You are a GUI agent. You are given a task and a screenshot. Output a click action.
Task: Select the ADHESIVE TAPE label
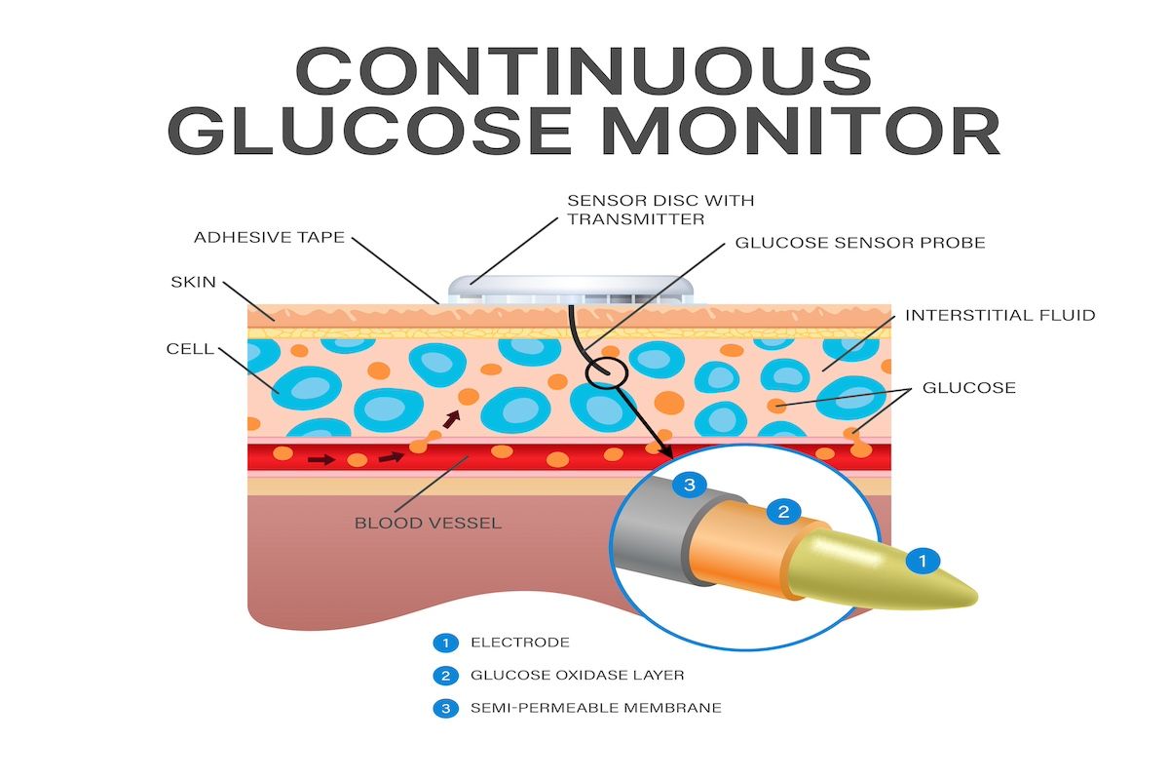click(269, 237)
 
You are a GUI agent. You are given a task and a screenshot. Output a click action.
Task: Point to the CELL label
click(190, 348)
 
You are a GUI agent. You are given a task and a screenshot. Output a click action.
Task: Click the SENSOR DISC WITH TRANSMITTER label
click(660, 210)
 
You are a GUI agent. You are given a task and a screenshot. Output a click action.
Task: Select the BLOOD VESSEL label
click(428, 524)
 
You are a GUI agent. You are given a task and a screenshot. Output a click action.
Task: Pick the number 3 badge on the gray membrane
click(689, 485)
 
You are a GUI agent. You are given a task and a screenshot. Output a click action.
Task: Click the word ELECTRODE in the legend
click(519, 643)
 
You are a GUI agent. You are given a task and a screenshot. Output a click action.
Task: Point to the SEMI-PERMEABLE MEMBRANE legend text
click(595, 707)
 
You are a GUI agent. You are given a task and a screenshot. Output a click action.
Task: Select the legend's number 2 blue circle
click(446, 675)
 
